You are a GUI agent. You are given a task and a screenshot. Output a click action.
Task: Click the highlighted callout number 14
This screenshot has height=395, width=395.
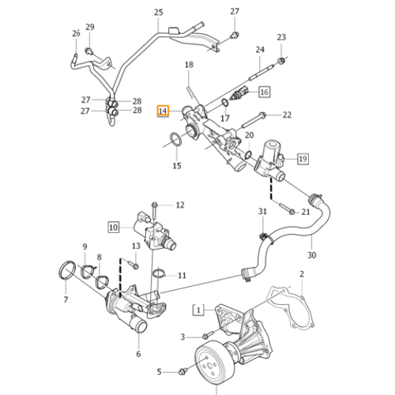coord(163,112)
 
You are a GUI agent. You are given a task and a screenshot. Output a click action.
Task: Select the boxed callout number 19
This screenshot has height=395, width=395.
coord(302,159)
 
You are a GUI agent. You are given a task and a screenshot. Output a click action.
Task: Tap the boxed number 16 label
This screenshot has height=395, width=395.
coord(263,92)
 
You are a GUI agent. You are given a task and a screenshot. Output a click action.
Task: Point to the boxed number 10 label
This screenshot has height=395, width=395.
coord(113,227)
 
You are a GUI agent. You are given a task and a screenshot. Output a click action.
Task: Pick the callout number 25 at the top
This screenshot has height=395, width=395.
coord(158,12)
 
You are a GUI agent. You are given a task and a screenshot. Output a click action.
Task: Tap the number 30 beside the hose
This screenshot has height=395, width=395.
coord(311,255)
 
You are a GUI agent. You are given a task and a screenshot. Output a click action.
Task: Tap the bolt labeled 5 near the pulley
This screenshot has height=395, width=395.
coord(183,371)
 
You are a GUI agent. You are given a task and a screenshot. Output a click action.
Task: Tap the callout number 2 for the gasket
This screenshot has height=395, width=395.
coord(300,274)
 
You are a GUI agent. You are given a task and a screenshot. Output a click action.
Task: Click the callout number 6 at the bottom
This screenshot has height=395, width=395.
coord(137,353)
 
